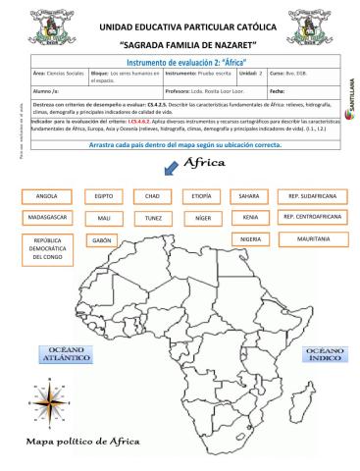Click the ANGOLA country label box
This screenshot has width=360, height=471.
[x=47, y=196]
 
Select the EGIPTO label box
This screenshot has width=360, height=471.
[x=104, y=196]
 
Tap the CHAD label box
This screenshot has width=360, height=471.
[x=152, y=196]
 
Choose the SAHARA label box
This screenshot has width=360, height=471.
[x=249, y=196]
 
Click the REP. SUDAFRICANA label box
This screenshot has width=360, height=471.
[x=311, y=196]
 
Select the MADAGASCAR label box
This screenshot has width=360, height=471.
[x=47, y=217]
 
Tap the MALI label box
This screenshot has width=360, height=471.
[x=104, y=217]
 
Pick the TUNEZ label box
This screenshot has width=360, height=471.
[x=152, y=217]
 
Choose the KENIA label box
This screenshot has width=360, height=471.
[x=249, y=217]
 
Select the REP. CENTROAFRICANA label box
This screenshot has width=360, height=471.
[x=311, y=217]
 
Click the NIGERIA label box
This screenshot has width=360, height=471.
[x=249, y=238]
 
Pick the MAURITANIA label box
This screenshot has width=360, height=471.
[x=311, y=238]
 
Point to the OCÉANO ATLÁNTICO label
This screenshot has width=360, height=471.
[x=65, y=354]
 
